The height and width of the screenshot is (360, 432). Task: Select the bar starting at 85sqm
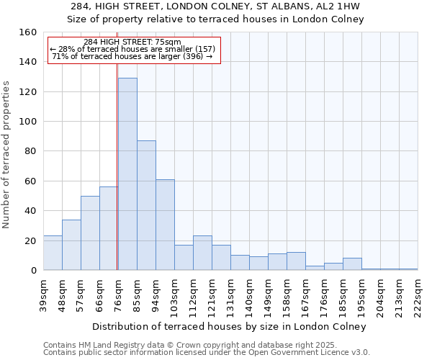(x=146, y=205)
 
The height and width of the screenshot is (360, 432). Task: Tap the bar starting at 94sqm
(x=165, y=225)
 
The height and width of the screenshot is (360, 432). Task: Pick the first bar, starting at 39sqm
(x=53, y=253)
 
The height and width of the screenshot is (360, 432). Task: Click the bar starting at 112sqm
(x=202, y=253)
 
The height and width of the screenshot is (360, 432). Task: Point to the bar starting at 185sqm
(x=352, y=264)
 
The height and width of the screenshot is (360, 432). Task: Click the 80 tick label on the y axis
(x=30, y=151)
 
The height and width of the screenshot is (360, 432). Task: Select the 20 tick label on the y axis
(x=30, y=240)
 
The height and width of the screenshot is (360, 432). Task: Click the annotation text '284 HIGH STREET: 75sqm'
(x=132, y=42)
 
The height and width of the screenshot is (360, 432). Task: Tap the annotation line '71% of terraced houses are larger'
(x=132, y=56)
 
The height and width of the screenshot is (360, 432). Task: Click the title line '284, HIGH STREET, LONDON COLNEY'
(x=216, y=6)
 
